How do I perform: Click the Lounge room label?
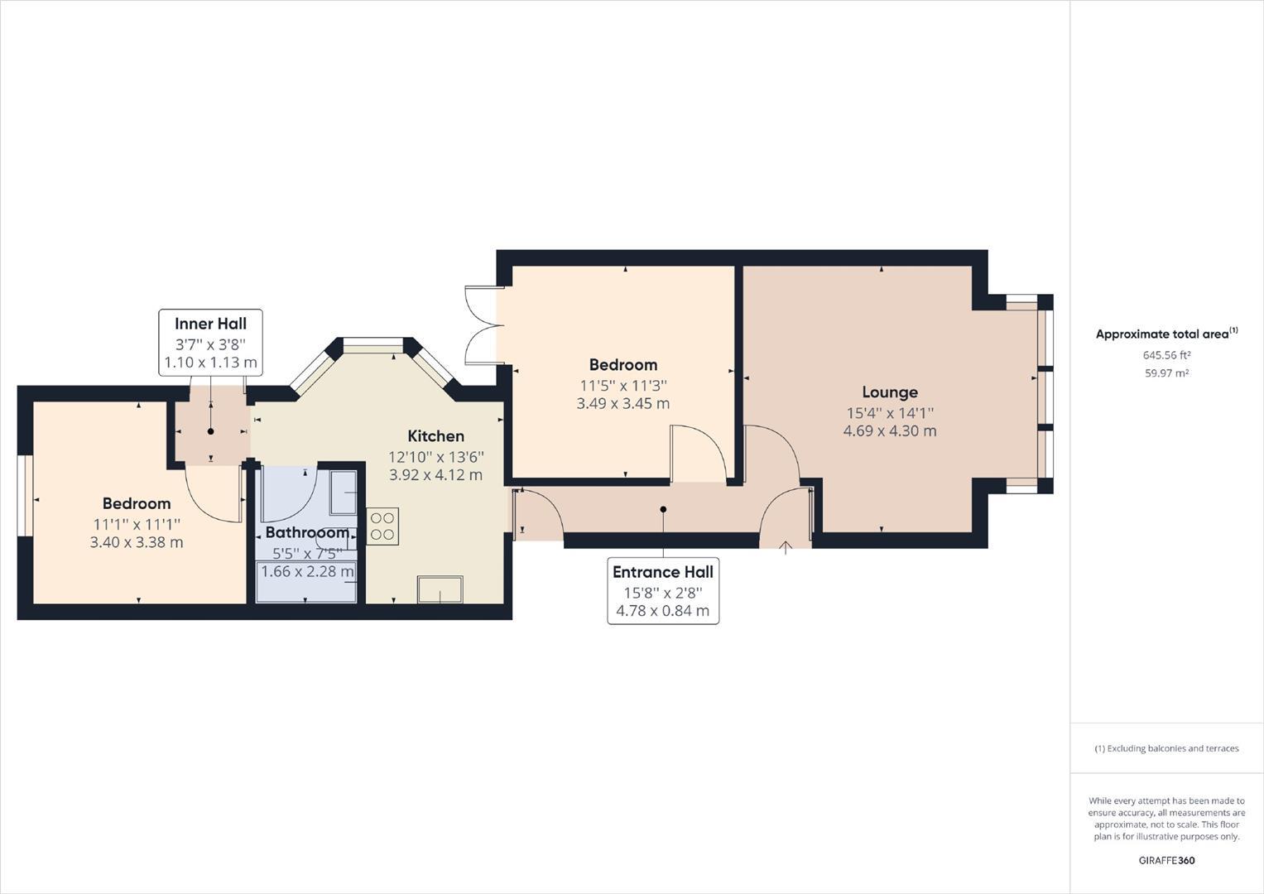coord(890,392)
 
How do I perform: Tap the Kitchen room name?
coord(435,436)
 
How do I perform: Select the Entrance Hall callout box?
coord(663,591)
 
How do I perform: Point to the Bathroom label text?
coord(307,532)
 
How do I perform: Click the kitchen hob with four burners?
coord(382,527)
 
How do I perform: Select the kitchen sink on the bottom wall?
coord(440,589)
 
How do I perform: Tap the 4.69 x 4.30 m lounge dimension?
coord(890,430)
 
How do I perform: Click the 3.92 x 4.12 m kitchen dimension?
coord(435,475)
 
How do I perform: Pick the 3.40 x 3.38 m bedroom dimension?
coord(137,542)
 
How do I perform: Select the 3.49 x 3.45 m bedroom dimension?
coord(623,404)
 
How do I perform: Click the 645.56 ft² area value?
coord(1166,355)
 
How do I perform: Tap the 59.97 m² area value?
coord(1166,373)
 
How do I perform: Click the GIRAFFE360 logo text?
coord(1166,860)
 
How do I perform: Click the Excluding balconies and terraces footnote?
coord(1166,748)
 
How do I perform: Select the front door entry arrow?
coord(786,546)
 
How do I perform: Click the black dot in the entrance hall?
coord(663,510)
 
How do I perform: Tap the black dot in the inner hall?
coord(211,431)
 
